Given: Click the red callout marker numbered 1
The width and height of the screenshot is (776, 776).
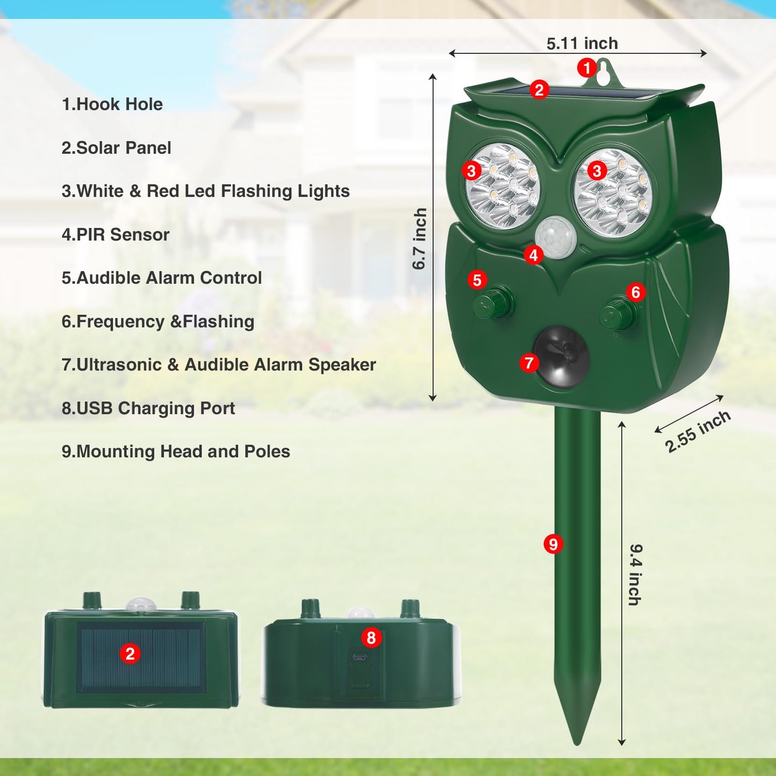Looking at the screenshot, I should [586, 68].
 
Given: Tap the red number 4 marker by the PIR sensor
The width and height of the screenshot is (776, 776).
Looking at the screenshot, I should [533, 255].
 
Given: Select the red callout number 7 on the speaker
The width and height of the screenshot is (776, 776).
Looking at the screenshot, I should [529, 363].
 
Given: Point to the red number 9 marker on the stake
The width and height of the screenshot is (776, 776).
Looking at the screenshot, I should [553, 544].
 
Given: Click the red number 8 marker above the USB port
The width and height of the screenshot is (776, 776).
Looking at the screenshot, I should [371, 637].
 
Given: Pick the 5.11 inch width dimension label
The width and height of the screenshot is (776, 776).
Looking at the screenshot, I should [582, 43].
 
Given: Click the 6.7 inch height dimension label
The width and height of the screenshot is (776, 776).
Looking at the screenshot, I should [419, 239].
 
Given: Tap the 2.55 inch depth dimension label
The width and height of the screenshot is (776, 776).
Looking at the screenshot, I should [698, 431].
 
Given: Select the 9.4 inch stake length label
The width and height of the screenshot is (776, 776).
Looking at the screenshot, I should [635, 575].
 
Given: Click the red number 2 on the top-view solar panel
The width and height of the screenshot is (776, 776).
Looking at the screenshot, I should [130, 654].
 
